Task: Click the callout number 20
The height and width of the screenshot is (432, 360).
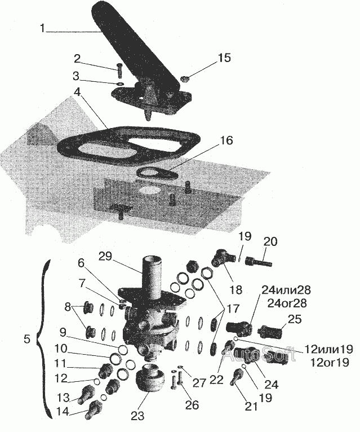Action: click(x=270, y=241)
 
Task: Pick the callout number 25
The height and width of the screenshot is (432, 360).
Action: click(x=294, y=319)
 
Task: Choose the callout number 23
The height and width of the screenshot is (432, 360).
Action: click(x=138, y=416)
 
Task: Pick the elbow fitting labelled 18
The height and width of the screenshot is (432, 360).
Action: click(x=221, y=262)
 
